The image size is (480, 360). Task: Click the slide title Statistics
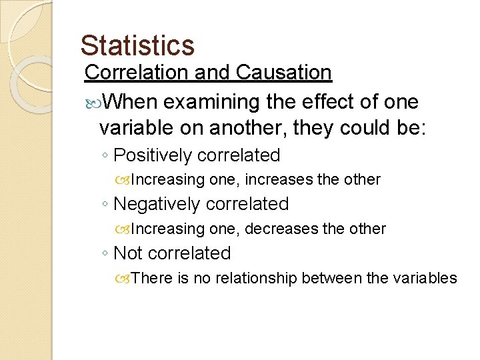tap(137, 45)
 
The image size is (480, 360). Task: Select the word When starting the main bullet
tap(131, 102)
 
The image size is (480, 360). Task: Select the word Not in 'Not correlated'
tap(129, 253)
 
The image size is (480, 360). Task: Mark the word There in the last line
tap(152, 278)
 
